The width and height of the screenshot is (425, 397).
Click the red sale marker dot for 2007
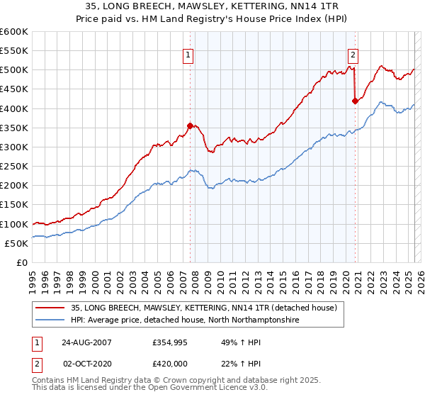click(190, 125)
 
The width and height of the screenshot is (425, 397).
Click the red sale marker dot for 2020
click(355, 101)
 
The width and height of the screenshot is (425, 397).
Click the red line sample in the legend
click(50, 308)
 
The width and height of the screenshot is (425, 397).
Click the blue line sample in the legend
click(50, 320)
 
